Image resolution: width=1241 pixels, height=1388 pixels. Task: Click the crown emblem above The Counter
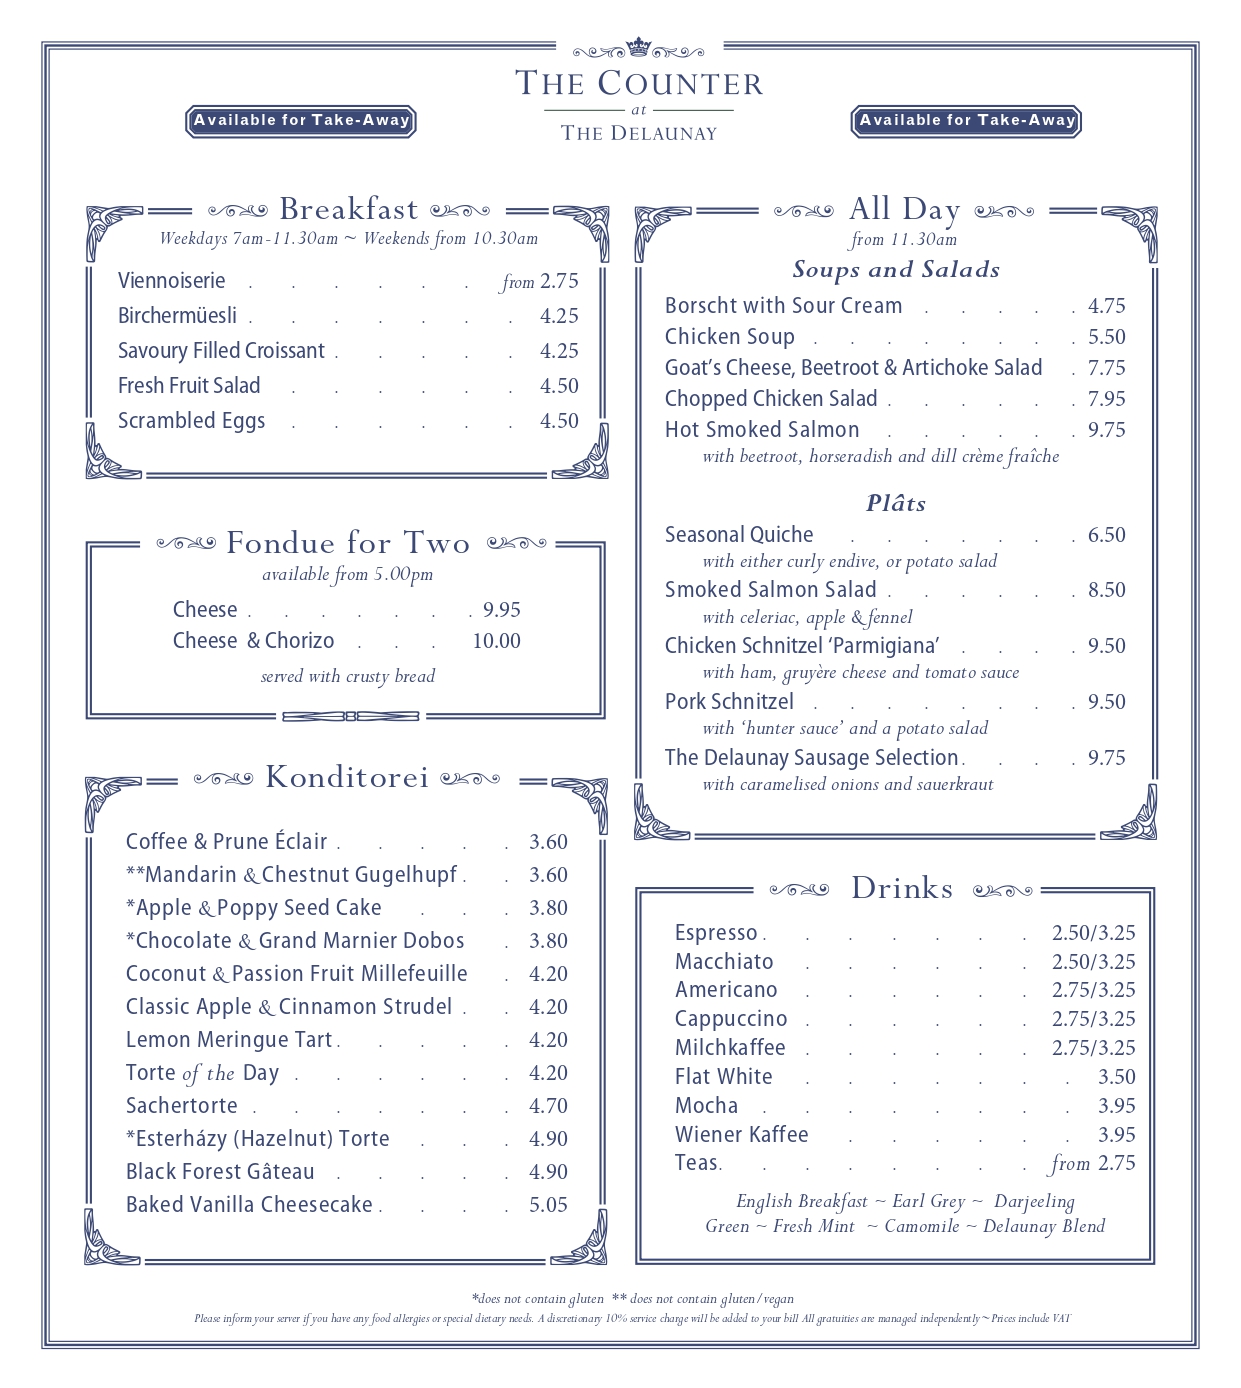click(x=638, y=47)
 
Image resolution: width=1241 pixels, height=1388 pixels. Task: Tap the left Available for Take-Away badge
click(x=301, y=121)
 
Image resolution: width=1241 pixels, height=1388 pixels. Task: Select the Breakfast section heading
click(x=348, y=209)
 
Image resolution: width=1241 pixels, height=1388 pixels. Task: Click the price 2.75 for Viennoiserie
click(x=559, y=281)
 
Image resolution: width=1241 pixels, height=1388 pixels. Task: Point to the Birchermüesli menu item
click(x=177, y=316)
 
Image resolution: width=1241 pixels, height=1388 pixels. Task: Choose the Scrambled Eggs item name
click(x=191, y=421)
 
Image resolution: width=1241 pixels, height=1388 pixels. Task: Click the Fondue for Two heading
click(x=348, y=543)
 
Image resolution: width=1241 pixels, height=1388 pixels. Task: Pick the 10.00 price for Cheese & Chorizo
click(x=496, y=641)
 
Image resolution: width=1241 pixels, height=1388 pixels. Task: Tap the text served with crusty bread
click(x=348, y=677)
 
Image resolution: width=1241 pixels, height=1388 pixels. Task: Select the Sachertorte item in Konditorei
click(x=182, y=1106)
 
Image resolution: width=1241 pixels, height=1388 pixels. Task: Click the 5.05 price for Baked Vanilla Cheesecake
click(x=548, y=1205)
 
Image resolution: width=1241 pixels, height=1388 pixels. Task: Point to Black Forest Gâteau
click(x=220, y=1172)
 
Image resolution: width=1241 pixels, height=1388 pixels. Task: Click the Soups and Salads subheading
click(x=896, y=270)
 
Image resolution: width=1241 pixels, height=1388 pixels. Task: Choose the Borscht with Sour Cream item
click(x=783, y=306)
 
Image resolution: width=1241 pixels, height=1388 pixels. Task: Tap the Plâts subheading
click(x=896, y=504)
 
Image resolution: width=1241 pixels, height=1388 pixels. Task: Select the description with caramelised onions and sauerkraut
click(x=848, y=785)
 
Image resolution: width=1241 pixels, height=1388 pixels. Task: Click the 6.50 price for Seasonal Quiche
click(x=1106, y=535)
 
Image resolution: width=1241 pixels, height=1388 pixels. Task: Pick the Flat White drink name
click(x=723, y=1077)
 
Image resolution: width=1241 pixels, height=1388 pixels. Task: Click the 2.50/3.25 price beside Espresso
click(x=1093, y=933)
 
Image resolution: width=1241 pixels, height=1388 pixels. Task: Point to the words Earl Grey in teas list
click(x=928, y=1202)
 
